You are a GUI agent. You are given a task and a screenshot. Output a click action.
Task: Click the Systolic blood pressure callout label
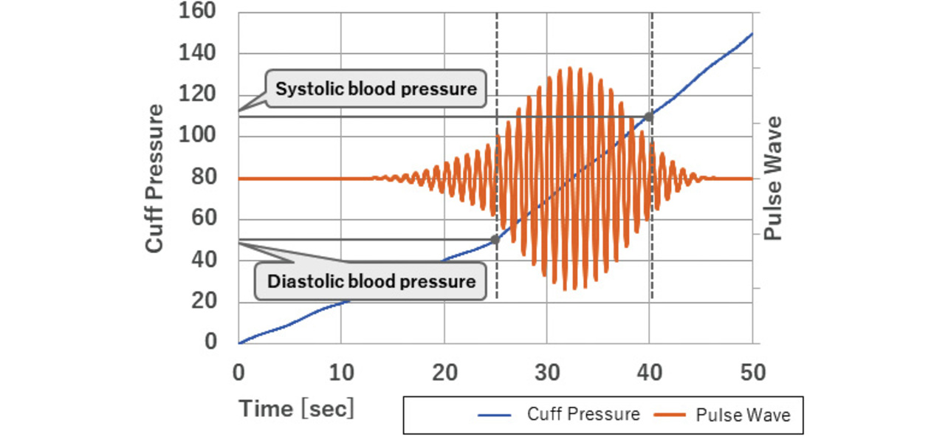click(376, 89)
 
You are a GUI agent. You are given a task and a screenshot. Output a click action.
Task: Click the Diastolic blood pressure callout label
click(371, 281)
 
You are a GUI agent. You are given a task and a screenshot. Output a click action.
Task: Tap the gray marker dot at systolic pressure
click(649, 117)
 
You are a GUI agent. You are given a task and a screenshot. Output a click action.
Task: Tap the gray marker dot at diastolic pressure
click(495, 240)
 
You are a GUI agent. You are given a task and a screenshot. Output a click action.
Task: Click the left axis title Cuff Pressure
click(154, 178)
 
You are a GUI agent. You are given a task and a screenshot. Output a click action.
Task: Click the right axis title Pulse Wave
click(772, 178)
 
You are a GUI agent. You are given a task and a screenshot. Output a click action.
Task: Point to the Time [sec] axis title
click(296, 407)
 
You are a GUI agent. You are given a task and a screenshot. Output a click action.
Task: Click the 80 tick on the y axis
click(204, 177)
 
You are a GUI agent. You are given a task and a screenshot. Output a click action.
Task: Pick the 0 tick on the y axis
click(211, 343)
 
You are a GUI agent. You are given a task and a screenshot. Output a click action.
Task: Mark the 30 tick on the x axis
click(546, 373)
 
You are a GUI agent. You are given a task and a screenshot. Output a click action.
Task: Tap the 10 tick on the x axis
click(340, 373)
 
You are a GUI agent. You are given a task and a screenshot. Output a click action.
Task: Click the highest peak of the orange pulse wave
click(570, 68)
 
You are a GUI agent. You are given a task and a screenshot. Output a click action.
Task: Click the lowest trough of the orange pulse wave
click(565, 289)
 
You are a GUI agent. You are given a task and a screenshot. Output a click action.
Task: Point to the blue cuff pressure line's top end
click(751, 34)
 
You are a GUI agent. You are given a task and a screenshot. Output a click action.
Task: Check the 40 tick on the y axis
click(204, 260)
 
